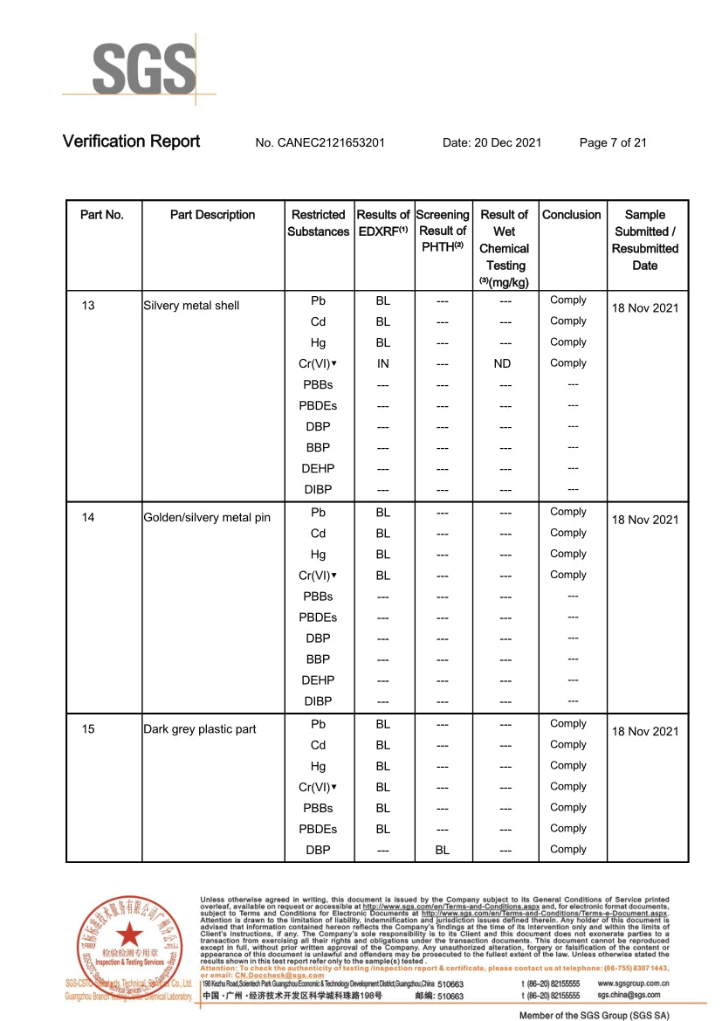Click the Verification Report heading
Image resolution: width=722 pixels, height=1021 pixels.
tap(131, 141)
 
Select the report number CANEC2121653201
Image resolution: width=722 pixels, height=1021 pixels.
tap(320, 143)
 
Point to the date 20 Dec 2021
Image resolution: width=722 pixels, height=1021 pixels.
tap(492, 143)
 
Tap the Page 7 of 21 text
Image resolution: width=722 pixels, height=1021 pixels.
tap(613, 143)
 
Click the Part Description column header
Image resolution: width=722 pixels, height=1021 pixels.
tap(212, 215)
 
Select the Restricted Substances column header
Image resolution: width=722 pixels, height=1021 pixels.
tap(319, 223)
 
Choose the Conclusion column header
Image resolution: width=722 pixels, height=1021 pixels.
tap(572, 215)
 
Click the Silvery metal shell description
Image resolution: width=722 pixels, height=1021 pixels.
tap(191, 306)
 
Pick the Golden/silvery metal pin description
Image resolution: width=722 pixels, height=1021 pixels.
tap(207, 518)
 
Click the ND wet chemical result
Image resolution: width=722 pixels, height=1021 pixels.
tap(502, 363)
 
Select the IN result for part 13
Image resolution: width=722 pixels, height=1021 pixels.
tap(382, 363)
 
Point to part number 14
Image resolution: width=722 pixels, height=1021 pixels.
tap(88, 517)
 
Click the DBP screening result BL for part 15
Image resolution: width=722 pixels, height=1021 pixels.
tap(443, 850)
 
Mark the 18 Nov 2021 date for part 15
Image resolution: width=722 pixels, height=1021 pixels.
tap(644, 732)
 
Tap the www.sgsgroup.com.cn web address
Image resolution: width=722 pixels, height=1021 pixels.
tap(634, 983)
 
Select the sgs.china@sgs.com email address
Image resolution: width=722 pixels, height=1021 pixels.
tap(629, 995)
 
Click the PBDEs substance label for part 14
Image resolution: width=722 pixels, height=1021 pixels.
tap(318, 617)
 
